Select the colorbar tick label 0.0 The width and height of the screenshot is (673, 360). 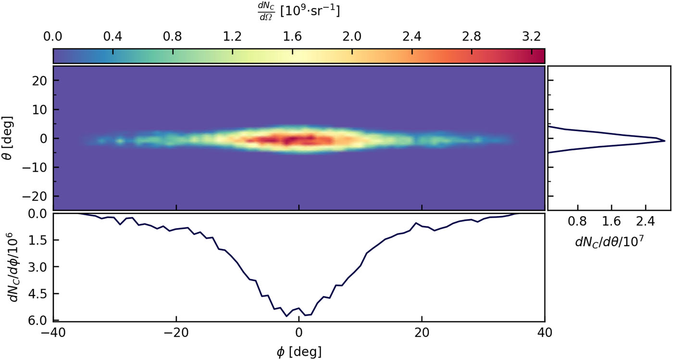point(53,37)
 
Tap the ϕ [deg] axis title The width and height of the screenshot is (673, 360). point(299,351)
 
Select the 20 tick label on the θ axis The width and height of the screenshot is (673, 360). point(39,81)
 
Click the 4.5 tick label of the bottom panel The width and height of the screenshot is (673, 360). point(39,294)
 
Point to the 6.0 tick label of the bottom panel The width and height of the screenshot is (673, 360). point(39,321)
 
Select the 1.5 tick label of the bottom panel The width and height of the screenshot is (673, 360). point(39,240)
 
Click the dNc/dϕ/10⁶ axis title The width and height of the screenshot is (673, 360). point(15,267)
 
